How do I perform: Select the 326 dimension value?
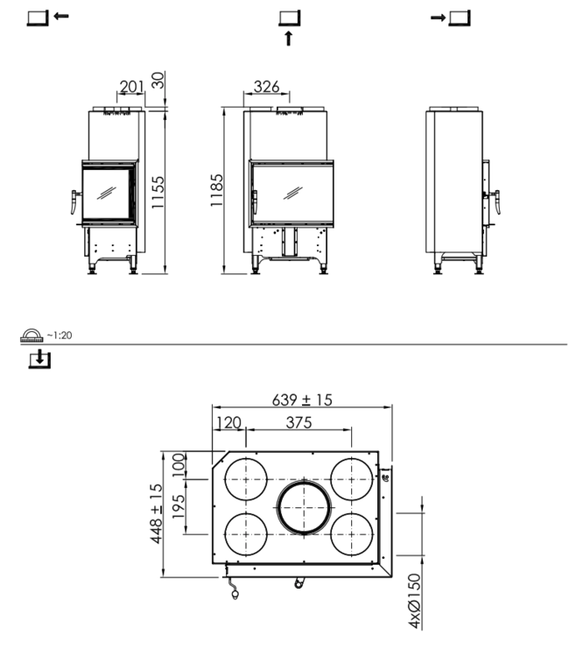tap(266, 85)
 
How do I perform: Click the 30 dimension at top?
tap(158, 80)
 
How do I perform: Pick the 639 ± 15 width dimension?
tap(302, 399)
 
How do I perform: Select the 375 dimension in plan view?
tap(299, 422)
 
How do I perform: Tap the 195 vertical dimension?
tap(178, 506)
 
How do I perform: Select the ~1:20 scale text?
tap(60, 336)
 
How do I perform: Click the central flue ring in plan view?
tap(304, 507)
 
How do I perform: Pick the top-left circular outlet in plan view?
tap(247, 478)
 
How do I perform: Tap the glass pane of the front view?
tap(294, 192)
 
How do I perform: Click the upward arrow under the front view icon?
tap(288, 38)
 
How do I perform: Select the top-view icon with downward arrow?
tap(38, 359)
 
